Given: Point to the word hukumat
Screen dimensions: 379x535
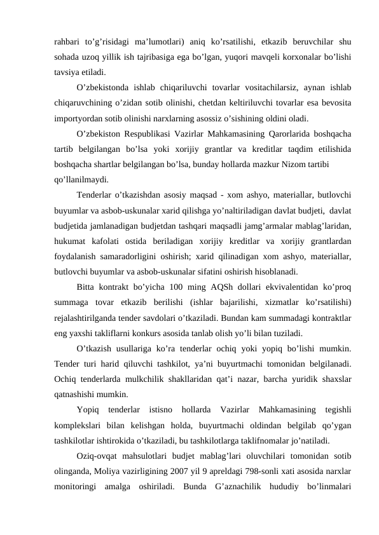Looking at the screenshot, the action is point(71,240).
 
